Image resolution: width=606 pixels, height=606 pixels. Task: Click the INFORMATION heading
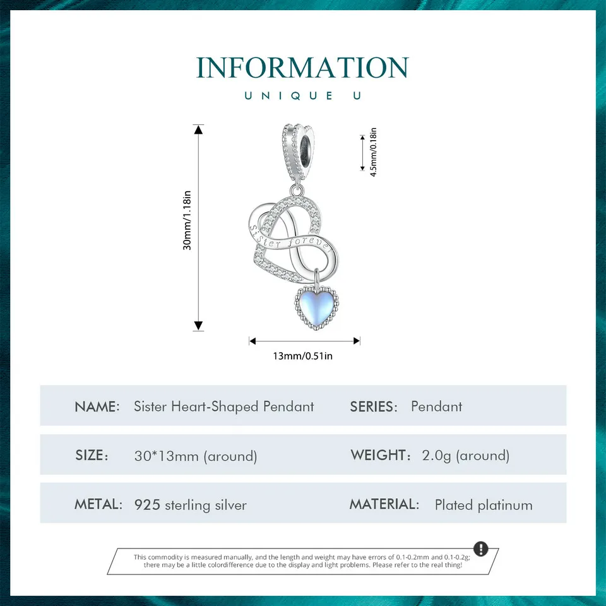click(302, 68)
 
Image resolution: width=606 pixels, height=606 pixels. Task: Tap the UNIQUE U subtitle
click(302, 95)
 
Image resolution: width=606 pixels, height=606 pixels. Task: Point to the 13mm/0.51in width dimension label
click(302, 356)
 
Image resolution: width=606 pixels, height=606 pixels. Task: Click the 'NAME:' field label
click(97, 407)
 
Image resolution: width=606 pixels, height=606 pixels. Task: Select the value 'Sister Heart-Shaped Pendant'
click(223, 406)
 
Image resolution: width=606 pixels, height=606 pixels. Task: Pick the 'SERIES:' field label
click(374, 407)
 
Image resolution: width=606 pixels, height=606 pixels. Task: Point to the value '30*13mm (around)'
click(195, 456)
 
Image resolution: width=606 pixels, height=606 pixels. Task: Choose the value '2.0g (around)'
click(465, 455)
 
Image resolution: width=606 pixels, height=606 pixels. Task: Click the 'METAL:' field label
click(98, 504)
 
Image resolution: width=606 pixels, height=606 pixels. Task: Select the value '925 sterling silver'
click(190, 505)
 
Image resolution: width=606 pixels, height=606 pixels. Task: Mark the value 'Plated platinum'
click(484, 505)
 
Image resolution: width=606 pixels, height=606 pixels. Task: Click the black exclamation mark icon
click(480, 548)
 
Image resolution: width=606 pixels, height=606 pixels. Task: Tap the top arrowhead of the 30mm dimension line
click(199, 130)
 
